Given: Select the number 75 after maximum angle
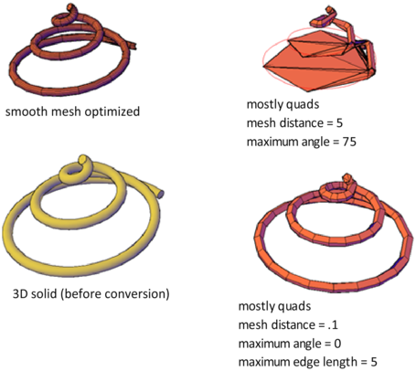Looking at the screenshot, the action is coord(349,142).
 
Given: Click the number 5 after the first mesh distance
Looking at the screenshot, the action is coord(339,123).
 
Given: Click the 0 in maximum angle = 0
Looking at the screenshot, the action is coord(337,344).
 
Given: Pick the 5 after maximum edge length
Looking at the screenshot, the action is coord(374,362).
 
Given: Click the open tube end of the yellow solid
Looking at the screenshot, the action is coord(160,194).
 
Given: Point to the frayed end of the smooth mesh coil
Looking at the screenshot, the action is coord(133,46).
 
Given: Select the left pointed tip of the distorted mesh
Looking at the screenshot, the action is coord(263,66).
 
